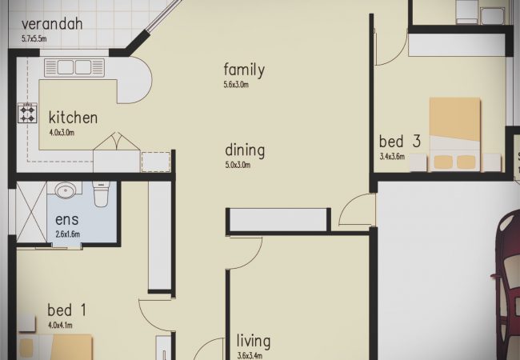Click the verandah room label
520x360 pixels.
[52, 24]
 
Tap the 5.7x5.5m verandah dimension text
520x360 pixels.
[34, 38]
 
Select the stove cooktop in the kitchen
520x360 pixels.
[27, 113]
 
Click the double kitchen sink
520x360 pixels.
[74, 68]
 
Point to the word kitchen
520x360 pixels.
[73, 118]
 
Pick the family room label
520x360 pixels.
[244, 70]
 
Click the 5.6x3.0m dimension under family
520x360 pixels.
[236, 85]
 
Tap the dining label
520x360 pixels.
[245, 150]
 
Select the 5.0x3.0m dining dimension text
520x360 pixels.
[238, 165]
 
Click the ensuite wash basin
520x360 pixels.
[66, 190]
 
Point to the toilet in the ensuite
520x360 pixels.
[101, 194]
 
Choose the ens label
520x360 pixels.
[67, 220]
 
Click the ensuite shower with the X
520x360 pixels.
[31, 211]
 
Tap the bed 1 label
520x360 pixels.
[66, 310]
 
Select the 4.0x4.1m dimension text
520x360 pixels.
[60, 325]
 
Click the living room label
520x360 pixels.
[254, 342]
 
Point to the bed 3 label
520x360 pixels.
[400, 142]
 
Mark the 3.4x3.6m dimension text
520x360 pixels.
[392, 157]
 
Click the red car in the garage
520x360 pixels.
[506, 285]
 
